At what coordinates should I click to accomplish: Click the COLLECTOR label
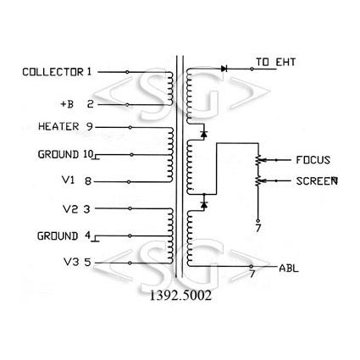pyautogui.click(x=53, y=72)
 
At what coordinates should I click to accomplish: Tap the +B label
pyautogui.click(x=67, y=104)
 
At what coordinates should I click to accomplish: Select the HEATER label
pyautogui.click(x=58, y=126)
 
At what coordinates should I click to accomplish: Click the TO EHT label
pyautogui.click(x=275, y=62)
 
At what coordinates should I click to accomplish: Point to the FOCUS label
pyautogui.click(x=313, y=160)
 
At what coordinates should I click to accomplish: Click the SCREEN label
pyautogui.click(x=317, y=181)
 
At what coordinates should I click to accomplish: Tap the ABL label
pyautogui.click(x=289, y=268)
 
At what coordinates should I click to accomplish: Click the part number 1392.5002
pyautogui.click(x=180, y=296)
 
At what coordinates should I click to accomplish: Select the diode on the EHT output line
pyautogui.click(x=224, y=69)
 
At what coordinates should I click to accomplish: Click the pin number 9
pyautogui.click(x=89, y=126)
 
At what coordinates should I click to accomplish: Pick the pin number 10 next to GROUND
pyautogui.click(x=88, y=154)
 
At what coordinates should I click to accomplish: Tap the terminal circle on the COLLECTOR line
pyautogui.click(x=127, y=72)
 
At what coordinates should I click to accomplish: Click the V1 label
pyautogui.click(x=68, y=180)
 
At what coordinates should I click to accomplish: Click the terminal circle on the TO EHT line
pyautogui.click(x=252, y=69)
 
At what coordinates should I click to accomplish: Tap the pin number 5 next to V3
pyautogui.click(x=88, y=263)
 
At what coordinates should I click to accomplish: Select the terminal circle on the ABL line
pyautogui.click(x=251, y=266)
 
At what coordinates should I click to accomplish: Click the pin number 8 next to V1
pyautogui.click(x=88, y=180)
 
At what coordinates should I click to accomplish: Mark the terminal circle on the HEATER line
pyautogui.click(x=130, y=128)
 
